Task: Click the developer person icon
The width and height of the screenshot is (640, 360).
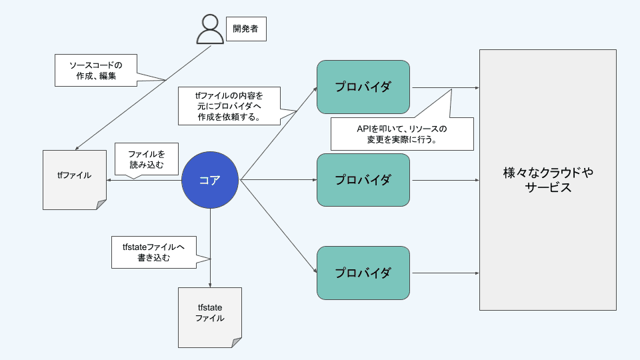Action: tap(210, 28)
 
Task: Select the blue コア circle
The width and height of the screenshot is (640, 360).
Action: tap(210, 180)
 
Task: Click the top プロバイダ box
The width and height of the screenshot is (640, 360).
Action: tap(363, 87)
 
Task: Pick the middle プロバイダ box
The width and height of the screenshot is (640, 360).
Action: tap(363, 180)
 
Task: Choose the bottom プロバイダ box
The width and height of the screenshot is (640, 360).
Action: tap(363, 273)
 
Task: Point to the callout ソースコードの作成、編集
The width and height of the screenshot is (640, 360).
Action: tap(96, 71)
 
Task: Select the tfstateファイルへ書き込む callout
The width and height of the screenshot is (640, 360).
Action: tap(154, 252)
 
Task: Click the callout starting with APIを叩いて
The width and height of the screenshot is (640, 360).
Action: tap(402, 133)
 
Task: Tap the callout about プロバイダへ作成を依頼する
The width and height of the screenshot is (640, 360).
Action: tap(229, 105)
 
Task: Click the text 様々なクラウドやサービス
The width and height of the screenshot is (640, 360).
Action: tap(548, 180)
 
